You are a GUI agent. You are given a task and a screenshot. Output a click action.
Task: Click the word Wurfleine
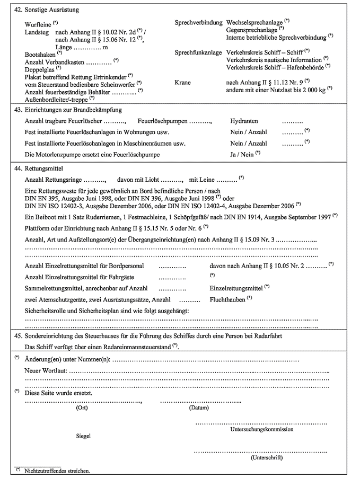(x=38, y=25)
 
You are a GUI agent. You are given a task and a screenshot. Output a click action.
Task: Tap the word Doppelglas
(x=39, y=69)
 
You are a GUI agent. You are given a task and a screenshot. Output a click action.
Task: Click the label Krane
(x=182, y=83)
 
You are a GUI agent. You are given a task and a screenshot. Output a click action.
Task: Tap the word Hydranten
(x=244, y=121)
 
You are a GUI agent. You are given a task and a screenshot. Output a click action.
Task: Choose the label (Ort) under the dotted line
(x=82, y=408)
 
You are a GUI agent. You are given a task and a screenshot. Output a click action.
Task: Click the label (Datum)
(x=198, y=408)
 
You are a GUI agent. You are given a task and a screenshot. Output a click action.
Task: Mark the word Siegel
(x=83, y=436)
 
